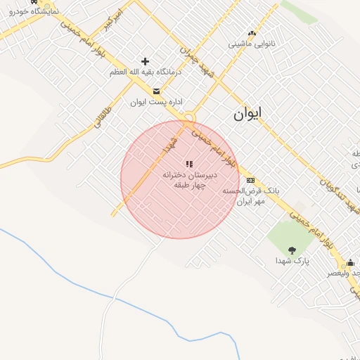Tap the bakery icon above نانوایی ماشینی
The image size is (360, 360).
pyautogui.click(x=252, y=33)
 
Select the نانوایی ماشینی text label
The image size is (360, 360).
pyautogui.click(x=252, y=44)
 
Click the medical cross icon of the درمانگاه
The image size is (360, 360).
pyautogui.click(x=146, y=62)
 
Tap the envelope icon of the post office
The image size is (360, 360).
pyautogui.click(x=156, y=91)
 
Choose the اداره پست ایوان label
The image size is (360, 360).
pyautogui.click(x=156, y=102)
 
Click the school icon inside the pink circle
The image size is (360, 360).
pyautogui.click(x=189, y=164)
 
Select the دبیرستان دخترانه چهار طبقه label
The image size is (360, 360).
pyautogui.click(x=189, y=179)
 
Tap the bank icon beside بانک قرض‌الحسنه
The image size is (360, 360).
pyautogui.click(x=251, y=180)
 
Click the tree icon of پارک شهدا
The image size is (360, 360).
pyautogui.click(x=292, y=250)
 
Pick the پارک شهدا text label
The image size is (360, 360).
pyautogui.click(x=292, y=261)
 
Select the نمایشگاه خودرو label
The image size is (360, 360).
pyautogui.click(x=25, y=12)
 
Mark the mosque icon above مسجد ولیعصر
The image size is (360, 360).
pyautogui.click(x=351, y=263)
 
